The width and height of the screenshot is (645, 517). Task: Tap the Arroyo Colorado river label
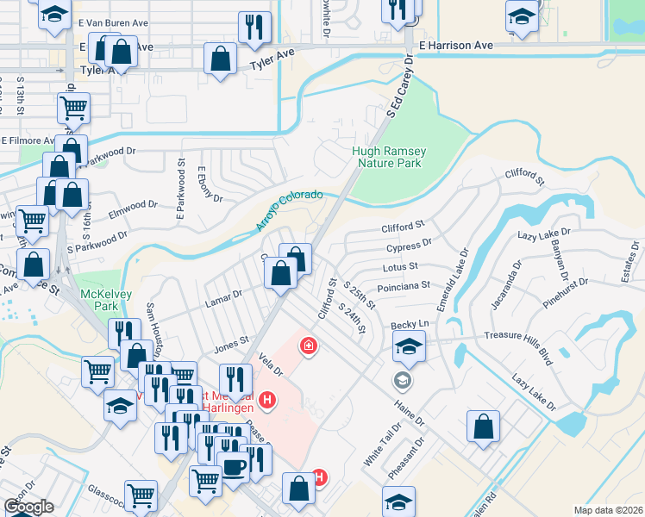click(x=288, y=211)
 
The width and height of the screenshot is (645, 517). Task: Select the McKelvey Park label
click(x=98, y=300)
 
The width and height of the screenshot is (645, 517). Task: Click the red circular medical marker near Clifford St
click(x=306, y=346)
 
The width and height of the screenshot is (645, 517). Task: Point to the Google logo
click(x=28, y=507)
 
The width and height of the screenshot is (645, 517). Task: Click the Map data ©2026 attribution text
click(x=608, y=510)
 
